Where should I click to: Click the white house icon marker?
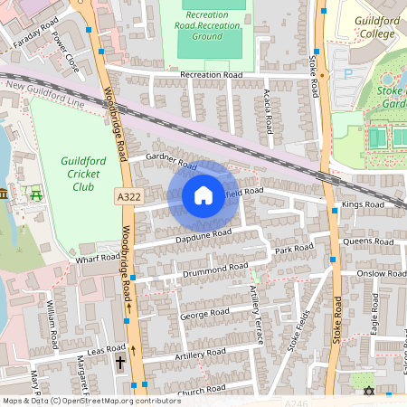[x=203, y=195]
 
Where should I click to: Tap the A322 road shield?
[x=128, y=195]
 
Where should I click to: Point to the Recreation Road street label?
[x=211, y=74]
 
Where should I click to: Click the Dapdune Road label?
[x=203, y=236]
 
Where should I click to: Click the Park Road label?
[x=294, y=249]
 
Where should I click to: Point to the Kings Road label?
[x=362, y=205]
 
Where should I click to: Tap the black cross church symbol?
[x=120, y=362]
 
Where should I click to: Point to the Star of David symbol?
[x=367, y=391]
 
